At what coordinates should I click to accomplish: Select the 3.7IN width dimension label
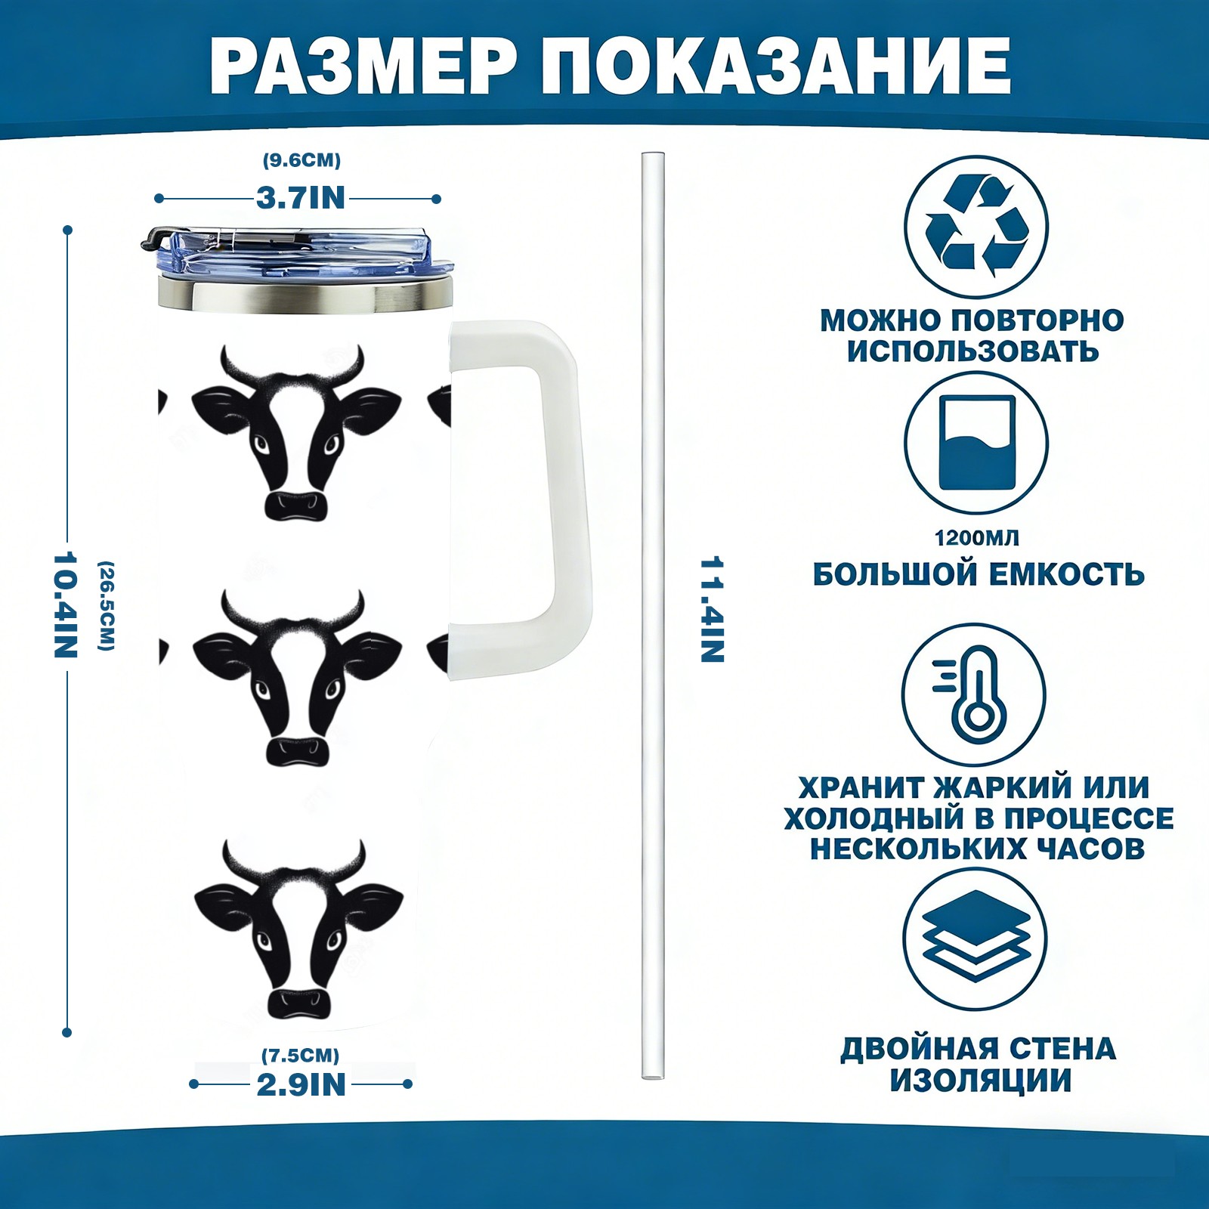[x=301, y=198]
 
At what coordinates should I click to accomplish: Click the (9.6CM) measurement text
[x=301, y=160]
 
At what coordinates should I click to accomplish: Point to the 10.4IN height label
[x=66, y=604]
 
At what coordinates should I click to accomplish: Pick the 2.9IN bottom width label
[x=301, y=1084]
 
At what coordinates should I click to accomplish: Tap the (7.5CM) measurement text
[x=301, y=1055]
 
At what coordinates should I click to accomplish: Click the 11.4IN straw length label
[x=712, y=610]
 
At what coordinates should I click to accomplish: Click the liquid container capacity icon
[x=977, y=443]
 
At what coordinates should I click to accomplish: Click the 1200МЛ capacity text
[x=976, y=538]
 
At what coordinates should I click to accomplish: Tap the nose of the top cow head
[x=298, y=505]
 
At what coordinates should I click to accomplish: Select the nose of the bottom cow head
[x=300, y=1002]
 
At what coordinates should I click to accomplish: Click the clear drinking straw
[x=653, y=616]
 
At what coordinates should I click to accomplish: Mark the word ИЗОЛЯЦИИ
[x=980, y=1081]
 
